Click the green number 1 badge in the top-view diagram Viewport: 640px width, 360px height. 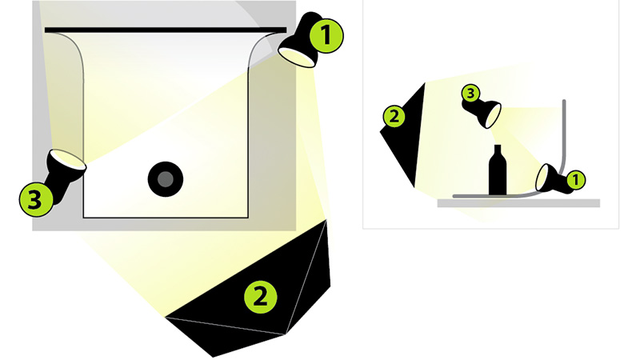[x=326, y=36]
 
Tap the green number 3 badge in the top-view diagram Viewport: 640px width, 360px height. [x=36, y=199]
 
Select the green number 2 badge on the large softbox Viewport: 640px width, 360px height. [x=261, y=296]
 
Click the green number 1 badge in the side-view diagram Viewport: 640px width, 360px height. [x=575, y=180]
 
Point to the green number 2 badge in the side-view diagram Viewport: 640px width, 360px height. [x=394, y=116]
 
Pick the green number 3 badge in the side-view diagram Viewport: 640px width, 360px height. [x=470, y=94]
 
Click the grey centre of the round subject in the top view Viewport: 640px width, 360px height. [x=166, y=179]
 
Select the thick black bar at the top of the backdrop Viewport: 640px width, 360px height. [x=166, y=30]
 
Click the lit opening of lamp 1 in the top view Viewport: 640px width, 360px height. [x=297, y=56]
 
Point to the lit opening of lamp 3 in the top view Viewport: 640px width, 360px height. [x=68, y=158]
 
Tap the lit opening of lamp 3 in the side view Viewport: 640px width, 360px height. [x=494, y=115]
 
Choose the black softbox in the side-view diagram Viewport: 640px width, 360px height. [x=403, y=135]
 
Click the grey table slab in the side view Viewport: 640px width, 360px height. [x=518, y=203]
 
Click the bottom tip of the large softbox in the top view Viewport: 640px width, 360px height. [x=213, y=356]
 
